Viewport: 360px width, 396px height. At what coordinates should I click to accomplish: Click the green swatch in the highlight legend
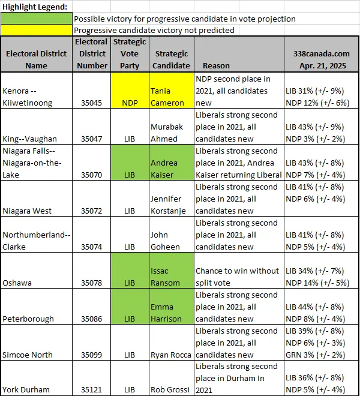coord(37,19)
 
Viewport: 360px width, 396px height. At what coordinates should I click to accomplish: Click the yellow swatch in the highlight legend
coord(37,30)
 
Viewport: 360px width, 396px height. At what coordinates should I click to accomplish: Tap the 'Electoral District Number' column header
coord(92,53)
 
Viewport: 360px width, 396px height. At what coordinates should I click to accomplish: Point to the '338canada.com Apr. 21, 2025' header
coord(322,59)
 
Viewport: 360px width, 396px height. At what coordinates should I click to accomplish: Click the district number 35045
coord(91,103)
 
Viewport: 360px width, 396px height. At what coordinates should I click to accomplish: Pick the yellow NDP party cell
coord(130,91)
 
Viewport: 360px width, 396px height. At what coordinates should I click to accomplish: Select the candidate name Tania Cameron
coord(167,97)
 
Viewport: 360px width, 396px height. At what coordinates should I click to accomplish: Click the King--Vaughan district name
coord(29,139)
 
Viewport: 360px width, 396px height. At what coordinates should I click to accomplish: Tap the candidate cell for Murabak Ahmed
coord(172,127)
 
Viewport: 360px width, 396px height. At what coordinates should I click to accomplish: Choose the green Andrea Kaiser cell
coord(172,163)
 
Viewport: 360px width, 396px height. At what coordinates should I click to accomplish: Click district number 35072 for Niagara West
coord(91,211)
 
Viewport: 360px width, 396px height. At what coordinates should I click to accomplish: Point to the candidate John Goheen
coord(165,241)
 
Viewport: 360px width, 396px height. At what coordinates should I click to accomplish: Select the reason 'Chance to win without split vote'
coord(237,277)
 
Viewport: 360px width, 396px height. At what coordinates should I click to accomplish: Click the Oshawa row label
coord(17,283)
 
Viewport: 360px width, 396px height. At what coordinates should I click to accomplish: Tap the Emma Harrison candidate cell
coord(172,307)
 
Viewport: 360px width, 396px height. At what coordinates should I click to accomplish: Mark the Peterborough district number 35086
coord(91,319)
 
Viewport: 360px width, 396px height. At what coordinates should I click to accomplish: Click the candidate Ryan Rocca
coord(171,355)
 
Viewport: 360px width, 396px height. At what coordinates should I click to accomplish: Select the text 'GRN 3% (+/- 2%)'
coord(315,355)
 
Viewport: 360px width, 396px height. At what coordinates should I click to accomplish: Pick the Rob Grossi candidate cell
coord(172,378)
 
